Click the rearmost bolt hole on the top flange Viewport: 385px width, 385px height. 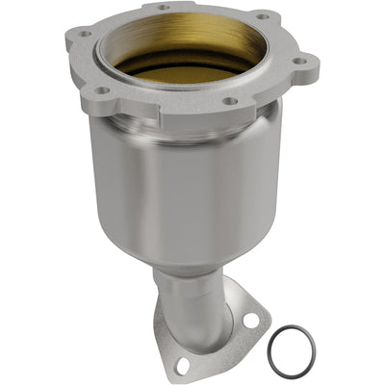pyautogui.click(x=160, y=9)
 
